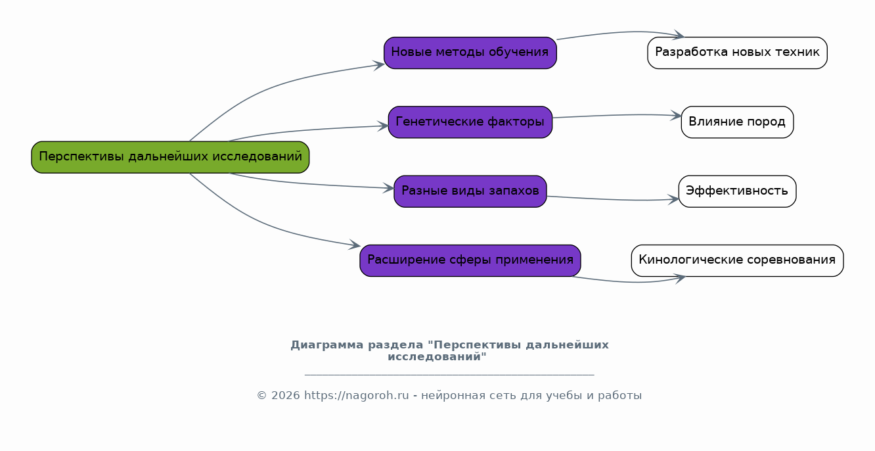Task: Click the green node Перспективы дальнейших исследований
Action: [x=170, y=157]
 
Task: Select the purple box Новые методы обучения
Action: [x=470, y=53]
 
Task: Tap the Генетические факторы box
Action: [x=470, y=122]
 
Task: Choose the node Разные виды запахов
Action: [x=470, y=191]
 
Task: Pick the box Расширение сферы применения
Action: [x=470, y=260]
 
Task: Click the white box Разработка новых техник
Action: [x=737, y=53]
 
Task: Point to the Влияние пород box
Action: [x=737, y=122]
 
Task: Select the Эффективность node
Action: [x=737, y=191]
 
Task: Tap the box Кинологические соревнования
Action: [x=737, y=260]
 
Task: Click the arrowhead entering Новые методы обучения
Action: [x=379, y=64]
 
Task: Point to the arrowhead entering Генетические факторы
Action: [x=383, y=126]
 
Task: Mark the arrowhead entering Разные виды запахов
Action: [x=389, y=189]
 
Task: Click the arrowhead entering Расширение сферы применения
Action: [x=355, y=246]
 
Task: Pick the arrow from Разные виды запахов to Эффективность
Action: [x=611, y=199]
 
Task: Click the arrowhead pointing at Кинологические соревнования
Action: [x=680, y=277]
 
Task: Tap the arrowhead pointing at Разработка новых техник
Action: [x=679, y=36]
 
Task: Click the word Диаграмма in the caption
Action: [x=319, y=345]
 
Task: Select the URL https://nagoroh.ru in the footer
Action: [x=356, y=396]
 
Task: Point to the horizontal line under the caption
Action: [x=449, y=375]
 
